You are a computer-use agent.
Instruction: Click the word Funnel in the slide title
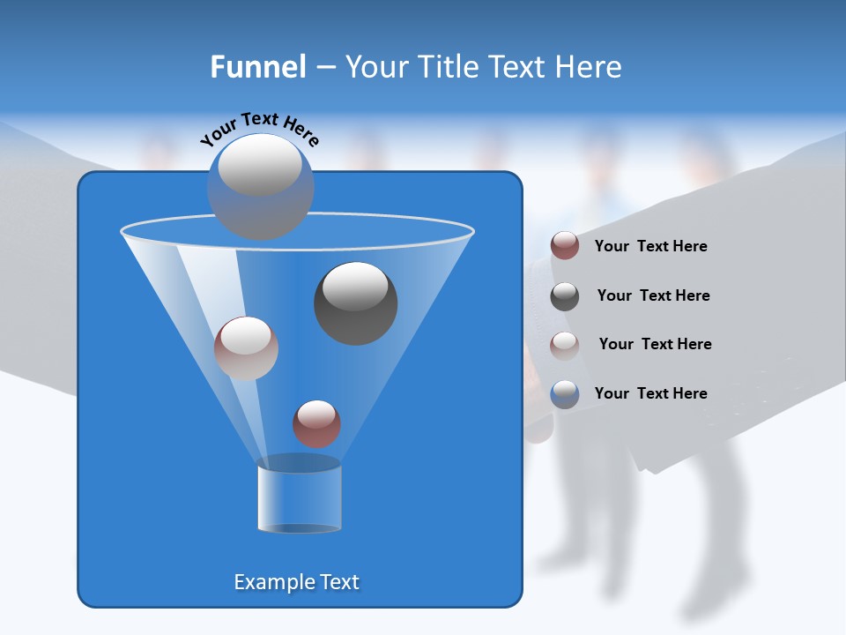[x=257, y=67]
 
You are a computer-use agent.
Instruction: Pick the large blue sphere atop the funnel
[x=261, y=187]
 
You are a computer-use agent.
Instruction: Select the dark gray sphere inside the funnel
[x=356, y=303]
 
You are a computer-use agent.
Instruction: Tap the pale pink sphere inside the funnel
[x=246, y=348]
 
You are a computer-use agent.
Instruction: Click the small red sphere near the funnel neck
[x=316, y=423]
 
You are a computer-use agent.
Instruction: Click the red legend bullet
[x=565, y=246]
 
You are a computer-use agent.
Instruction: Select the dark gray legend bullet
[x=565, y=295]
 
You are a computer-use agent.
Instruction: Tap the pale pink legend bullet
[x=565, y=345]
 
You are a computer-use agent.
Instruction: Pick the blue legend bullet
[x=565, y=394]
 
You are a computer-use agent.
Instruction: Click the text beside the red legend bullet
[x=650, y=247]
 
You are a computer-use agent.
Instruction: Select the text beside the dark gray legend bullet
[x=653, y=296]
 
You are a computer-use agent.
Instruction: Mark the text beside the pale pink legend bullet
[x=655, y=345]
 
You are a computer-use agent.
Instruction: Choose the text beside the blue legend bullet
[x=650, y=393]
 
